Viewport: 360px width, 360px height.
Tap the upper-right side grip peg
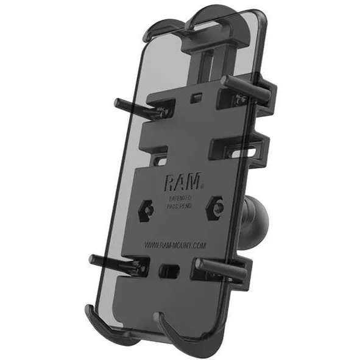pos(241,83)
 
